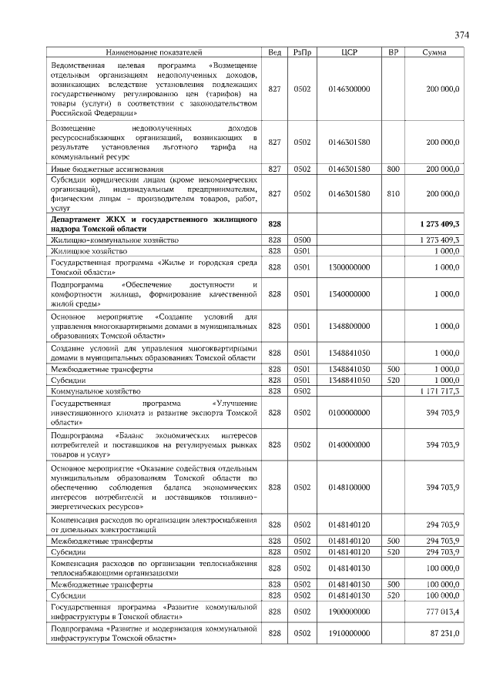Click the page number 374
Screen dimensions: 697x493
tap(461, 35)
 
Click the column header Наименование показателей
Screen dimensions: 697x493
tap(154, 52)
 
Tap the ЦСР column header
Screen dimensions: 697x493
tap(349, 52)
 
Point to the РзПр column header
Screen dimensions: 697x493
tap(301, 52)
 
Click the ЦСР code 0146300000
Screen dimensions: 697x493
tap(349, 89)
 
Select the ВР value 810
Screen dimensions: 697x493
tap(393, 194)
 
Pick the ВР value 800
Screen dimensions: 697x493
tap(393, 169)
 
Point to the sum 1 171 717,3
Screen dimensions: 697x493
tap(437, 392)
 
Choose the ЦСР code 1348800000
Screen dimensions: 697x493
tap(349, 326)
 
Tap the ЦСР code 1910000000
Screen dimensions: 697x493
tap(349, 634)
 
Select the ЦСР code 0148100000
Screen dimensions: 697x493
tap(349, 487)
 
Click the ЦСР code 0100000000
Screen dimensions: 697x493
tap(349, 414)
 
